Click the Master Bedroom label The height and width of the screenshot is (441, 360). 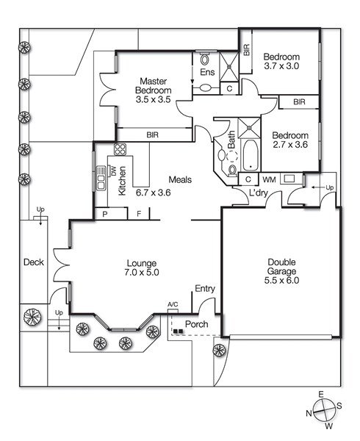(x=153, y=86)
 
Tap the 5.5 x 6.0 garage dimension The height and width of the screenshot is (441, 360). (x=281, y=281)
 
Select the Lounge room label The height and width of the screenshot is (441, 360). (x=142, y=263)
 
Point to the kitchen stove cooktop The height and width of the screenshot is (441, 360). (x=120, y=148)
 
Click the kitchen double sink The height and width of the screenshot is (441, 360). (x=101, y=178)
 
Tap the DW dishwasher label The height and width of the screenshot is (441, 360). (x=113, y=171)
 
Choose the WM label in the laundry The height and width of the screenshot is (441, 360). (x=269, y=179)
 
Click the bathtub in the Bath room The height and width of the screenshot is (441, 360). (x=250, y=155)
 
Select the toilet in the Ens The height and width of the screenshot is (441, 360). (x=204, y=60)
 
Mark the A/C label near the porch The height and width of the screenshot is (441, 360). (x=173, y=304)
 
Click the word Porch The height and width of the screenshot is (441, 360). (x=196, y=324)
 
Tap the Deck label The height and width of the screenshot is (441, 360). (x=34, y=262)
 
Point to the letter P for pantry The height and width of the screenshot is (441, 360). (x=105, y=215)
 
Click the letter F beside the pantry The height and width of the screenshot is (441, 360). (x=139, y=214)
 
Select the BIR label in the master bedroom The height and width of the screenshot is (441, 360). (x=153, y=135)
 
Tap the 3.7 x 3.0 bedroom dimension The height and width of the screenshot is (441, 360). (x=281, y=66)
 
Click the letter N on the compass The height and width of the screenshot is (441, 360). (x=309, y=413)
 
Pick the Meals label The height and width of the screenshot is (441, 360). (x=180, y=179)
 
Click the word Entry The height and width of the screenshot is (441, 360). (x=205, y=289)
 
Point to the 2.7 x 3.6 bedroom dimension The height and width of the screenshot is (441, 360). (x=290, y=145)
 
